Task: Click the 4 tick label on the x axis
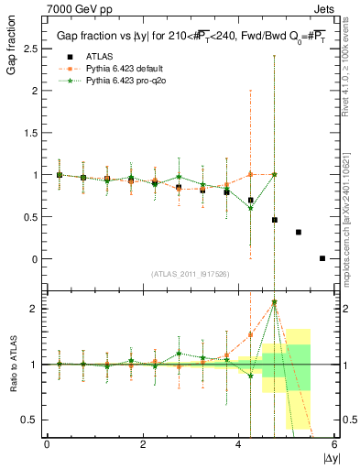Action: (x=239, y=445)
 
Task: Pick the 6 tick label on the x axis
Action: (x=334, y=445)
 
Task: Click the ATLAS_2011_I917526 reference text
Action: (x=190, y=274)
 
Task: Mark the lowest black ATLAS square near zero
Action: (x=322, y=258)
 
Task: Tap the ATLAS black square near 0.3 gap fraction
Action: (x=299, y=232)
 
